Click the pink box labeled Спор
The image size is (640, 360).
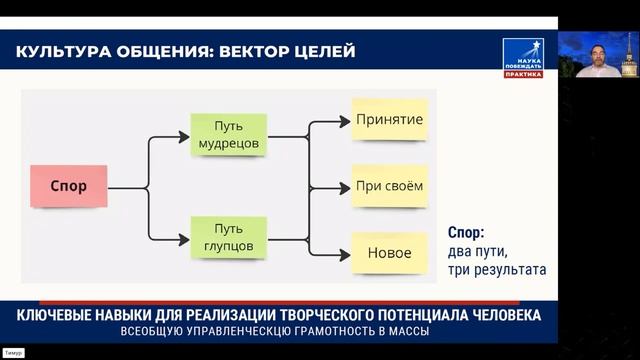pyautogui.click(x=68, y=186)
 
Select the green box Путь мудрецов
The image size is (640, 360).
pyautogui.click(x=228, y=134)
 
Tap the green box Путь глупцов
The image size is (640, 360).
pyautogui.click(x=228, y=237)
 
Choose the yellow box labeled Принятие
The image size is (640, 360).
pyautogui.click(x=389, y=120)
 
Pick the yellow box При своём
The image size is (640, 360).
pyautogui.click(x=389, y=186)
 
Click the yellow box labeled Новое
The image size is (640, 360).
pyautogui.click(x=389, y=253)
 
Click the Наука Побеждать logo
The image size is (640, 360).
pyautogui.click(x=522, y=57)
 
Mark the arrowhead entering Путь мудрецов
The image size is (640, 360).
pyautogui.click(x=185, y=134)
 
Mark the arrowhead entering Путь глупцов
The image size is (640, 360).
pyautogui.click(x=185, y=238)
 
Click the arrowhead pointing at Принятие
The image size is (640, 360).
pyautogui.click(x=346, y=121)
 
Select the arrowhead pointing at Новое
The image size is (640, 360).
pyautogui.click(x=346, y=253)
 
